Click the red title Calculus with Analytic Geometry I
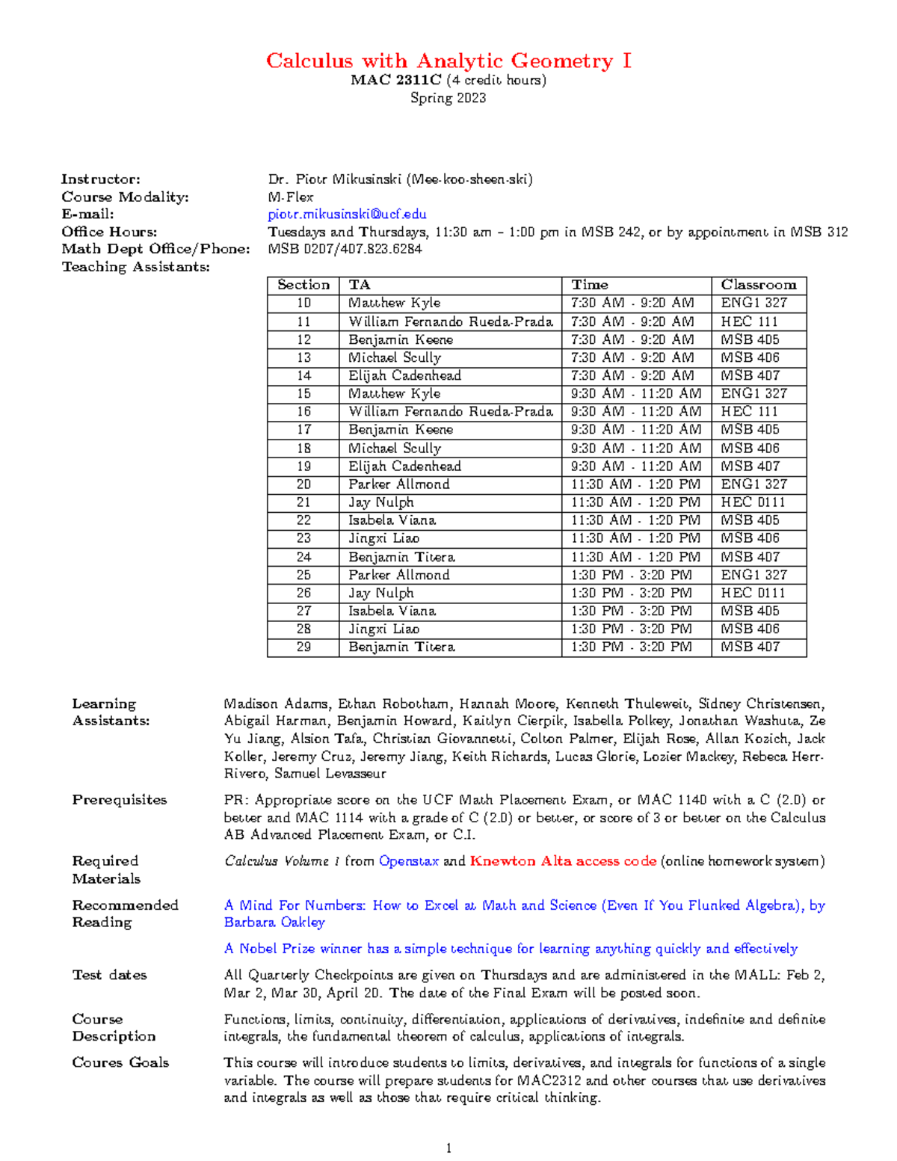pyautogui.click(x=449, y=61)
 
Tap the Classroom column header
pyautogui.click(x=758, y=285)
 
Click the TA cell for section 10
pyautogui.click(x=394, y=303)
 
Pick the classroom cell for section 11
pyautogui.click(x=749, y=321)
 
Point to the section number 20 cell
pyautogui.click(x=303, y=484)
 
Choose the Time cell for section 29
pyautogui.click(x=631, y=647)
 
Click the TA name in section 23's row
pyautogui.click(x=383, y=538)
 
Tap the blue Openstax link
pyautogui.click(x=408, y=861)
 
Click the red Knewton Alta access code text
pyautogui.click(x=563, y=861)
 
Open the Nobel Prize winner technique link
pyautogui.click(x=511, y=949)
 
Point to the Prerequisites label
pyautogui.click(x=120, y=800)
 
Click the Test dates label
pyautogui.click(x=109, y=975)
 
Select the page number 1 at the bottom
pyautogui.click(x=449, y=1148)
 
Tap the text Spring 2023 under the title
pyautogui.click(x=449, y=98)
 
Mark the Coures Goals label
pyautogui.click(x=120, y=1062)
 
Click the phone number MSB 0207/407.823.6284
pyautogui.click(x=345, y=249)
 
